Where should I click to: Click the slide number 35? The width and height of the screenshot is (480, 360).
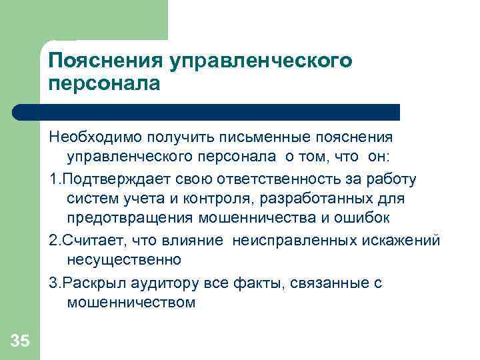point(20,342)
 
